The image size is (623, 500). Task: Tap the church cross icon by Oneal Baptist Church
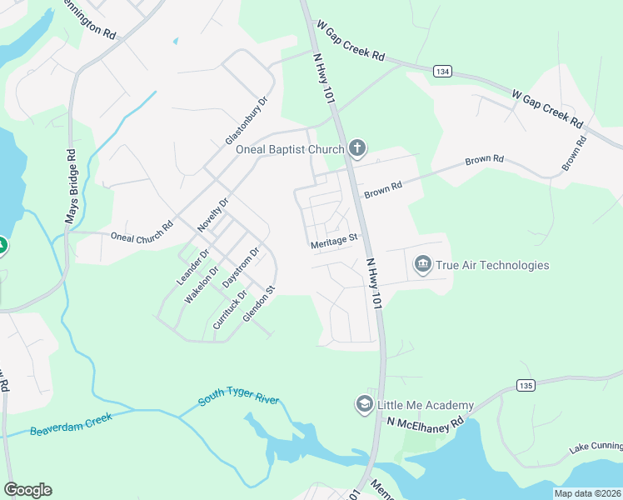click(357, 149)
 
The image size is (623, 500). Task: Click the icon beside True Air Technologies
click(423, 265)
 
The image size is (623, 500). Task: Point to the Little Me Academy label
click(426, 405)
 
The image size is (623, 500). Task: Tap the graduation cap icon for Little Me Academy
click(364, 405)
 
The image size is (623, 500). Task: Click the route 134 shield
click(441, 72)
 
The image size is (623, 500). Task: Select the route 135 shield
click(525, 385)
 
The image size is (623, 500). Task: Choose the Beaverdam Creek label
click(70, 424)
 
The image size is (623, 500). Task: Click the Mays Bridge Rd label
click(71, 186)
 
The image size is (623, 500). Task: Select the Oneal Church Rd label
click(142, 237)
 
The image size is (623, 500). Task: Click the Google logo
click(27, 490)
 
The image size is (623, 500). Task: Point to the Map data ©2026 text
click(587, 493)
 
